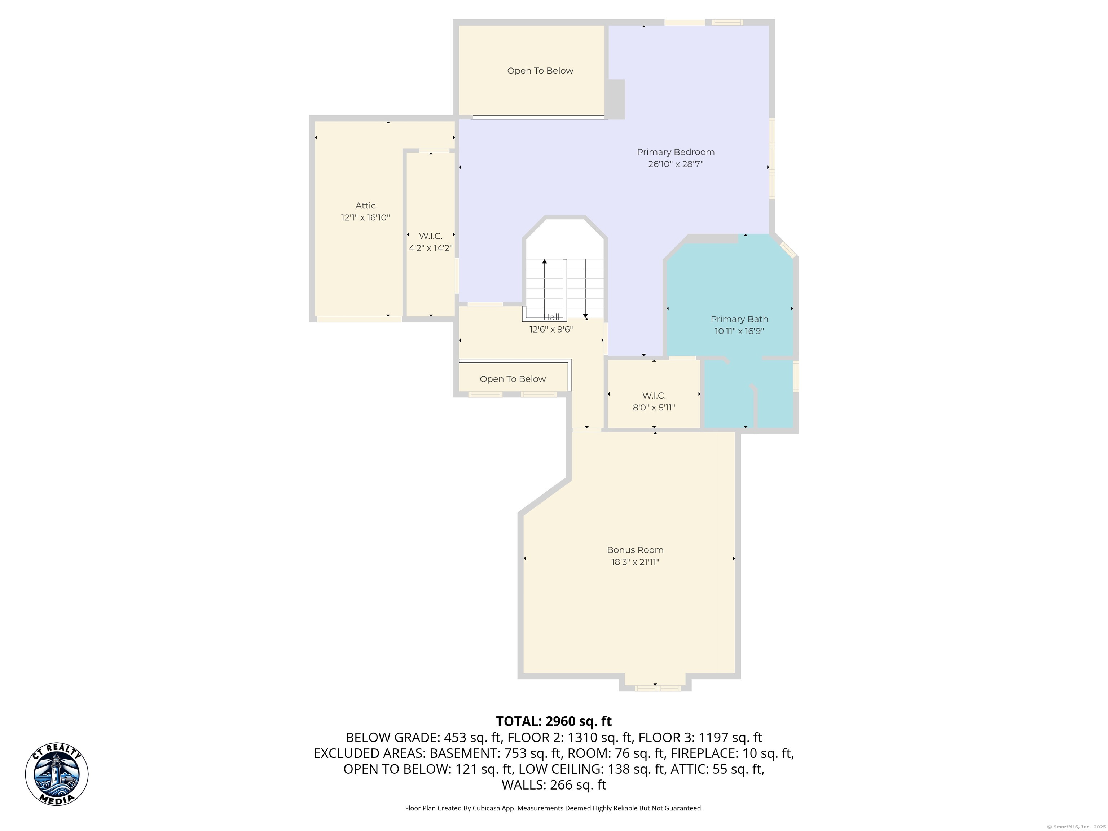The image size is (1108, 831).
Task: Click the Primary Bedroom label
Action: [x=676, y=152]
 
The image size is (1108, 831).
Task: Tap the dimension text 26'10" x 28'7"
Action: [x=676, y=164]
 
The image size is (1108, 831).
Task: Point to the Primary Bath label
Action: [x=739, y=319]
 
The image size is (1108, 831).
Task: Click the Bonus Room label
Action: [x=635, y=550]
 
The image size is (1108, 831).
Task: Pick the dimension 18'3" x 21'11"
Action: [x=635, y=562]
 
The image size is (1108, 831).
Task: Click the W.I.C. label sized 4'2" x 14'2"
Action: [x=431, y=236]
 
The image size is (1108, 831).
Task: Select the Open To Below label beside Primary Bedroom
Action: [x=540, y=71]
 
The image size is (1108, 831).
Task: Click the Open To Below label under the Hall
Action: [x=513, y=379]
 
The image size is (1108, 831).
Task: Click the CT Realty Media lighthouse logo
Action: [x=57, y=774]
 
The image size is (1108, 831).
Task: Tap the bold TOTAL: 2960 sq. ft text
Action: [x=554, y=721]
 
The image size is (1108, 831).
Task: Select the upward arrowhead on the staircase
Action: [x=545, y=261]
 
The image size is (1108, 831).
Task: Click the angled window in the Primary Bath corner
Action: [x=788, y=250]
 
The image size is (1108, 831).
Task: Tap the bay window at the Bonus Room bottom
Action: [x=657, y=688]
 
